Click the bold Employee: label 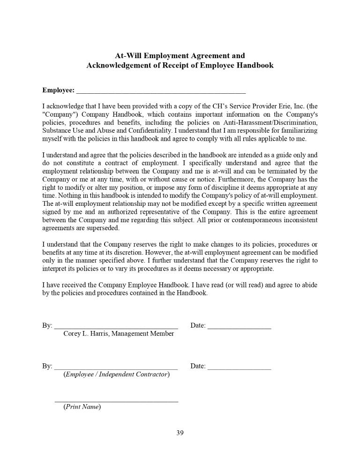point(58,90)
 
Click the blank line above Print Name point(116,401)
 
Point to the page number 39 point(180,433)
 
